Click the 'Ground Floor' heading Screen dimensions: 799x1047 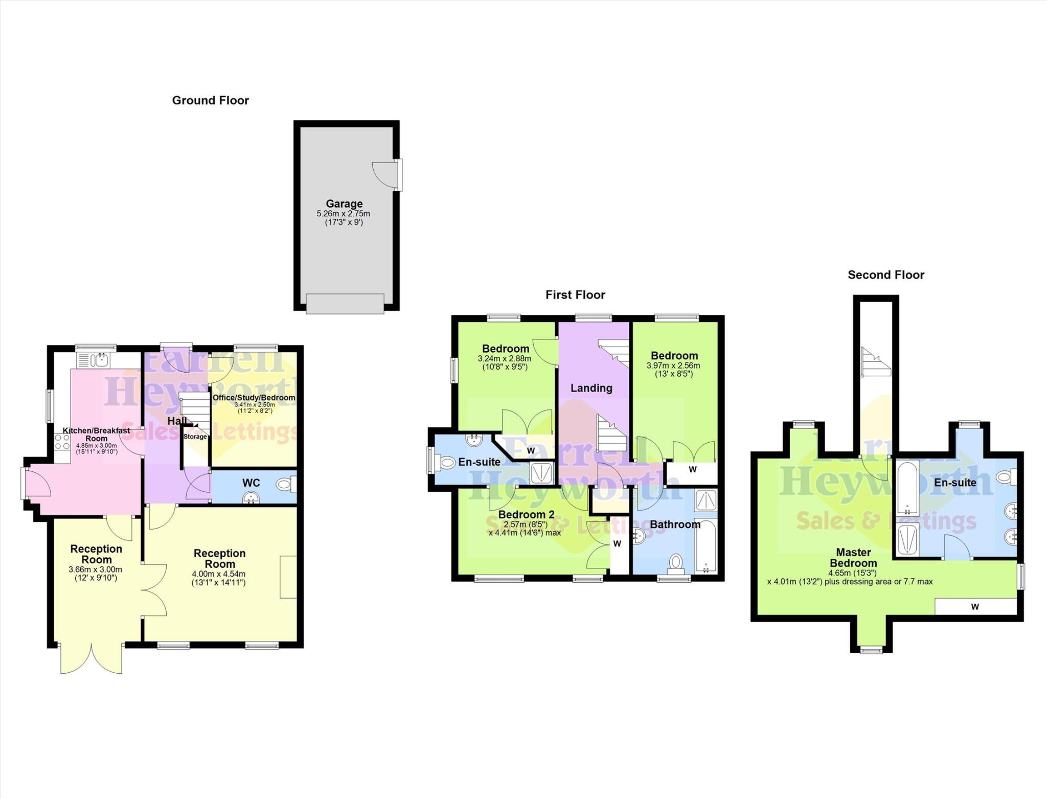pos(210,100)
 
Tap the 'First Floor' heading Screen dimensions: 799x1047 pos(575,295)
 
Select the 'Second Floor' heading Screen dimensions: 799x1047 pos(886,275)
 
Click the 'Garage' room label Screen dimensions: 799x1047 pos(344,203)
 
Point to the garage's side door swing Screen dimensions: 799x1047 pos(384,174)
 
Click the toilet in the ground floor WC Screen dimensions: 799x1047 pos(285,484)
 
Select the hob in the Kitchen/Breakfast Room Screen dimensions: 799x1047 pos(62,442)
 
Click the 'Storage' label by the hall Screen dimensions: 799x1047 pos(195,437)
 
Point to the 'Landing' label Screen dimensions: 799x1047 pos(591,388)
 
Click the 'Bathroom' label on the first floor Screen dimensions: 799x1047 pos(675,524)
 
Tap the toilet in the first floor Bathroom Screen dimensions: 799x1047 pos(675,563)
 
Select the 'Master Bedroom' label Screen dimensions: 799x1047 pos(853,558)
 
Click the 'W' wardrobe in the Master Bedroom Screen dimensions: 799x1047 pos(975,607)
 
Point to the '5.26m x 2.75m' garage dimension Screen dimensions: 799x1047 pos(344,214)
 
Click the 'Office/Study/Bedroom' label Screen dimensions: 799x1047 pos(254,398)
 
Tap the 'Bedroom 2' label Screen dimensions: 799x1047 pos(526,515)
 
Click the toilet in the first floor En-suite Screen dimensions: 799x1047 pos(447,463)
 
